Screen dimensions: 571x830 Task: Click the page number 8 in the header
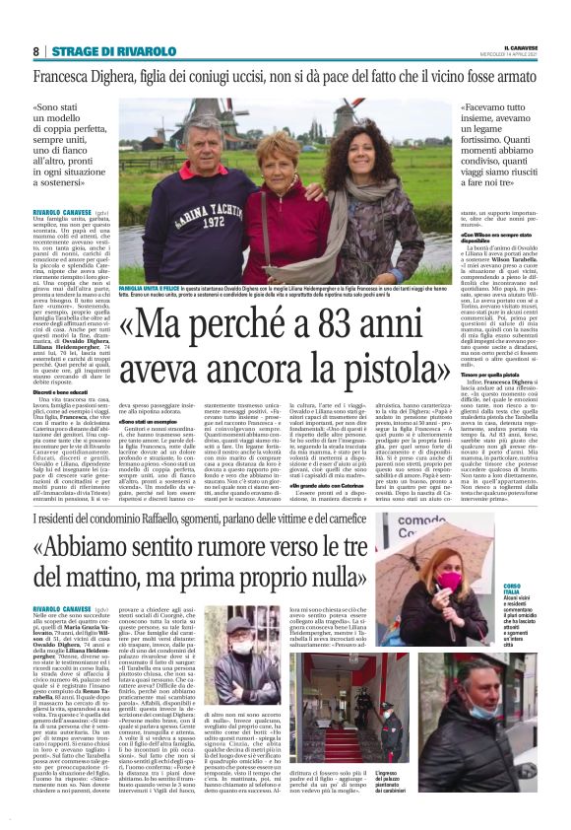(36, 50)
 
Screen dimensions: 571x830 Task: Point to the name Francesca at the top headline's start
(70, 76)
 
